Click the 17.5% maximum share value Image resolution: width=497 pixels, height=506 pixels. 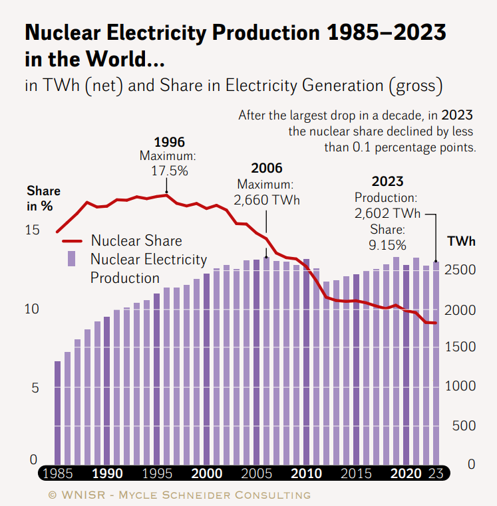169,170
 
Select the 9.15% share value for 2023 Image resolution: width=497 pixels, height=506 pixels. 387,244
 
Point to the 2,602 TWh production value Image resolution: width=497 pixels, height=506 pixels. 387,213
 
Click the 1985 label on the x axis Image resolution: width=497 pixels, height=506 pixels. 57,473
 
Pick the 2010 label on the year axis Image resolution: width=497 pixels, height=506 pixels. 306,473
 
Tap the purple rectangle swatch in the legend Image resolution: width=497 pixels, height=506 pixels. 71,259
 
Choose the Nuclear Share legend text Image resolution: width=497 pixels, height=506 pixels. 136,240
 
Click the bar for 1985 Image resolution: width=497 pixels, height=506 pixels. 57,412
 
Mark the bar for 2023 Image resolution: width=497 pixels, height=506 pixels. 436,364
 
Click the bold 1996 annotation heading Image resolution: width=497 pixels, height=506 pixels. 169,142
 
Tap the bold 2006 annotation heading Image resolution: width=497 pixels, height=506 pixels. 267,169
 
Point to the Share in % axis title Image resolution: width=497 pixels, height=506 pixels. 43,199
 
